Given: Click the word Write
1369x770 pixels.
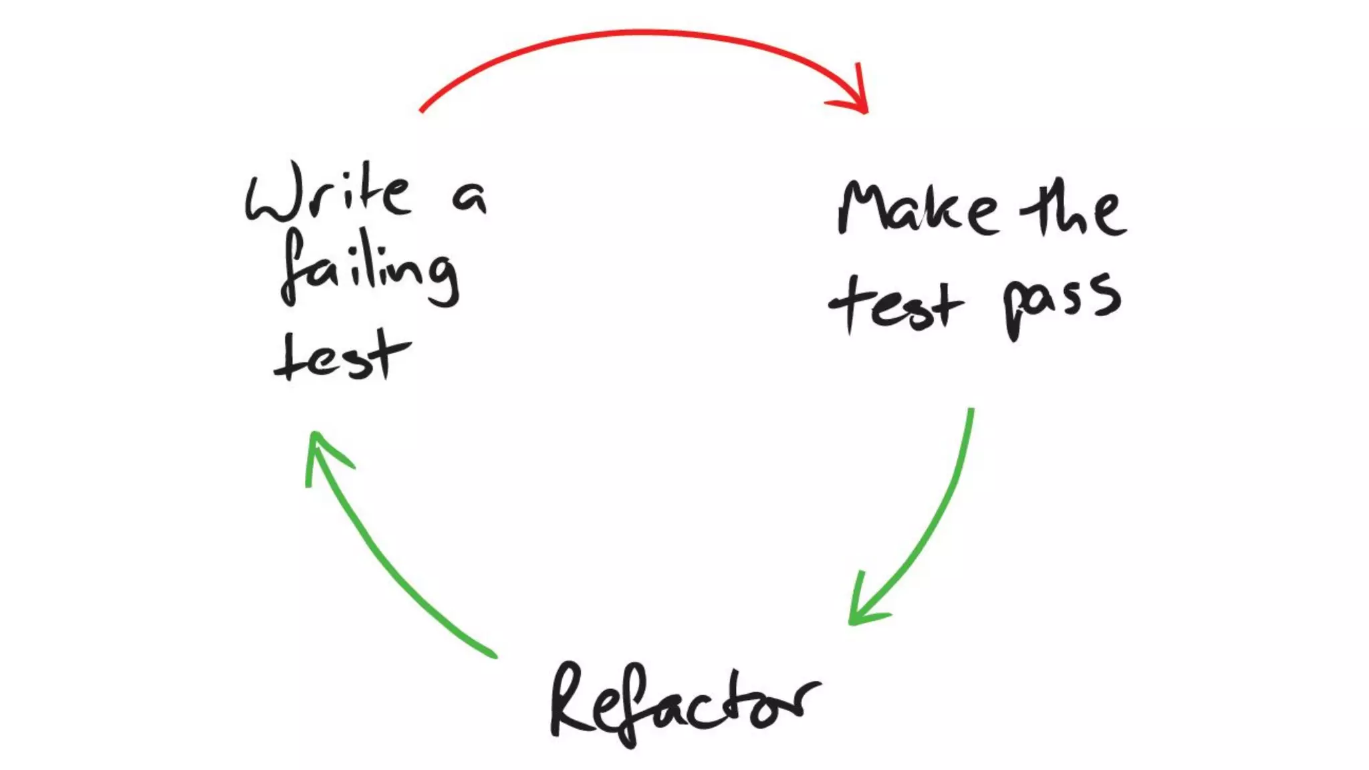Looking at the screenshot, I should pyautogui.click(x=328, y=193).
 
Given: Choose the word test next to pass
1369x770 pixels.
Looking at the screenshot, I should pyautogui.click(x=896, y=304).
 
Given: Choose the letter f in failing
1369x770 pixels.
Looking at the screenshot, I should pyautogui.click(x=294, y=267).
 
